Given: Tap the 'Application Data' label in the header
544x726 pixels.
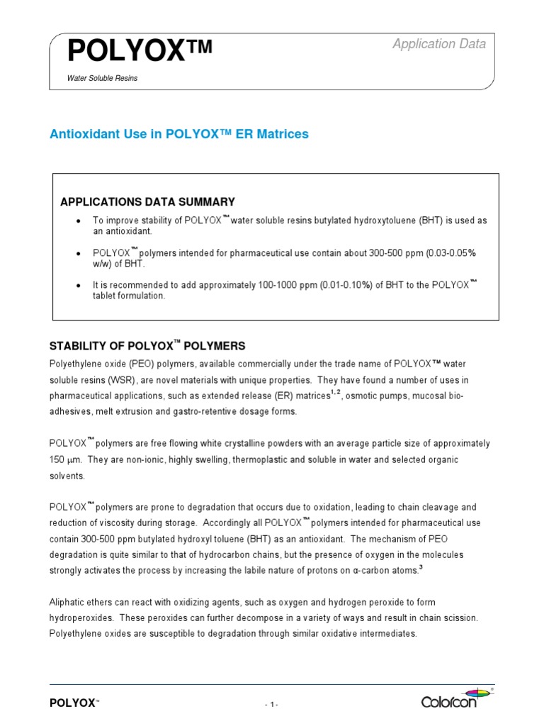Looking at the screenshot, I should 439,44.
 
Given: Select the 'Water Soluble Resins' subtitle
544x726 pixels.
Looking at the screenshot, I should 102,79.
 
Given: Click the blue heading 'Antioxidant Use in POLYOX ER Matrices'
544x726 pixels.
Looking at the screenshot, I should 178,134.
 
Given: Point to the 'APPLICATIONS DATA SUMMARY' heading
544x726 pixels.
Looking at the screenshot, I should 147,202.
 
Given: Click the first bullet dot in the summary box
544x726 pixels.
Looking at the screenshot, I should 78,221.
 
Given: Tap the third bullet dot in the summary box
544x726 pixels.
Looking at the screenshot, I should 78,285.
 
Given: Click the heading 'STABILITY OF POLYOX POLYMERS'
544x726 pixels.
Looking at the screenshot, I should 147,346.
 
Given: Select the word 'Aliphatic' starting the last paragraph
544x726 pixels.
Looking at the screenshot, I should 68,601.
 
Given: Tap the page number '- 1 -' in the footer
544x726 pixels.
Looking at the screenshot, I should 272,704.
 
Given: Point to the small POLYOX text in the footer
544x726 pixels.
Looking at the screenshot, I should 72,703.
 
